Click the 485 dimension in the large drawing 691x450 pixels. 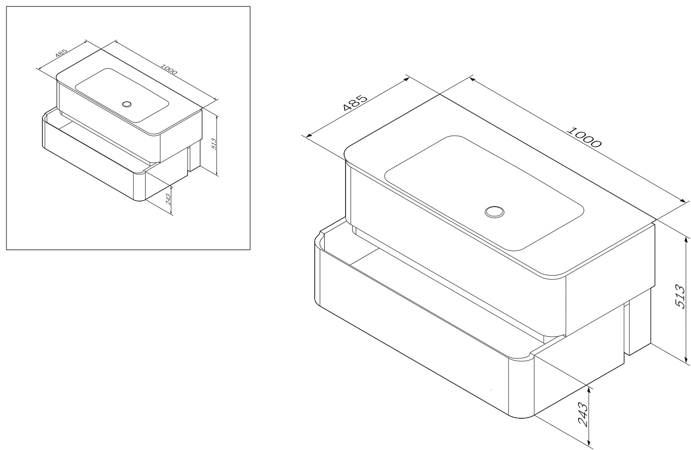[x=355, y=102]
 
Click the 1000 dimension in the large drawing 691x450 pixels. [x=584, y=137]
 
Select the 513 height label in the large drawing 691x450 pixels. [x=679, y=296]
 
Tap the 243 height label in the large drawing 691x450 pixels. [x=583, y=414]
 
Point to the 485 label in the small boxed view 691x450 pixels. [x=61, y=53]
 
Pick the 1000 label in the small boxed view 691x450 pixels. [x=169, y=69]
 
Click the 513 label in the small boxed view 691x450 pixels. [x=214, y=144]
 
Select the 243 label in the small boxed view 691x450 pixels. [x=169, y=199]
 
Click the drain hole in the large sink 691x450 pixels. [x=494, y=212]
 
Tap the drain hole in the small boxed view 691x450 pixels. [x=127, y=104]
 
